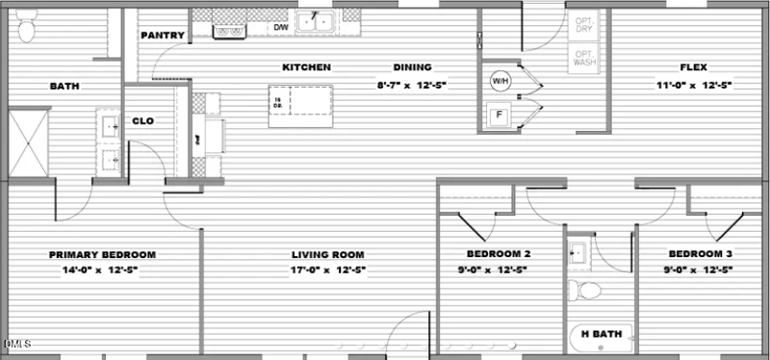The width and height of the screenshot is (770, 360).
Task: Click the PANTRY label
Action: [162, 36]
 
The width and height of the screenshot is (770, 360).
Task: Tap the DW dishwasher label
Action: [281, 28]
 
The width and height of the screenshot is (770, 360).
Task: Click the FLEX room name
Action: [694, 67]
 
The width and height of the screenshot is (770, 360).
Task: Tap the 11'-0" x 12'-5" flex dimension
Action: [694, 85]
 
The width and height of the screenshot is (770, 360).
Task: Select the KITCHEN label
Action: [306, 67]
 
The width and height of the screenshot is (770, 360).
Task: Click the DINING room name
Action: [412, 67]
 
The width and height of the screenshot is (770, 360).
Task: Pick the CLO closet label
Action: [142, 121]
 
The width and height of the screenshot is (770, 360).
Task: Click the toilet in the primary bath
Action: [26, 29]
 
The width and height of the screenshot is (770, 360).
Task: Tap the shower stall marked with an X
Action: [28, 142]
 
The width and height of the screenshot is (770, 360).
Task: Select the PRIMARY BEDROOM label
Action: [102, 255]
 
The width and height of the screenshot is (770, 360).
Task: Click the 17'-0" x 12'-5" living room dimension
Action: [327, 270]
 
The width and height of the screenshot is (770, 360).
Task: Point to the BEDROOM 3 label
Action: [701, 254]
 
